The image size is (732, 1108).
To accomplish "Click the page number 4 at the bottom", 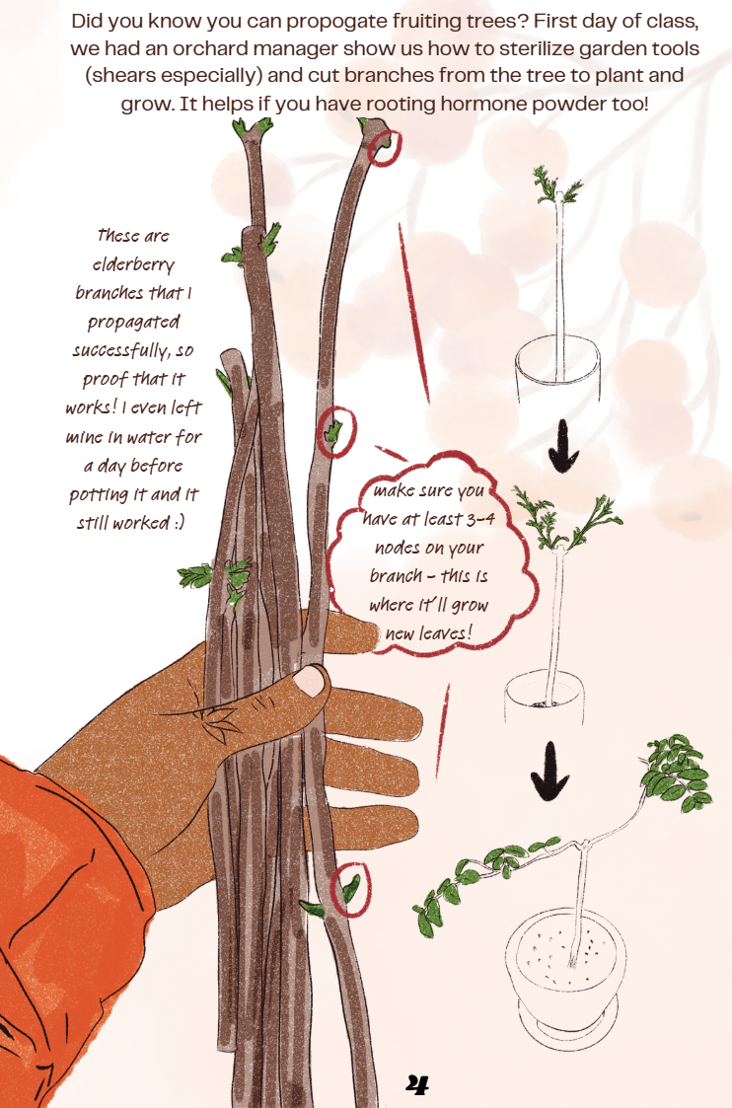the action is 417,1084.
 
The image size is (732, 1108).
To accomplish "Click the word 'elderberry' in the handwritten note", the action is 133,265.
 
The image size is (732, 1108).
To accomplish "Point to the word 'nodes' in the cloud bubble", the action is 397,548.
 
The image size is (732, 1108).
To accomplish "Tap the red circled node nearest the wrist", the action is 351,889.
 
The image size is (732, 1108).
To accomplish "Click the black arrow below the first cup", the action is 563,445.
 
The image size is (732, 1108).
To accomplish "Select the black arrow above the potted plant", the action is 549,771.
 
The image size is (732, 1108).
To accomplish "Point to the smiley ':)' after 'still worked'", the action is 178,523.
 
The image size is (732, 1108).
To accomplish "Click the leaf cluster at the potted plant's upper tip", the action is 676,774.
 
